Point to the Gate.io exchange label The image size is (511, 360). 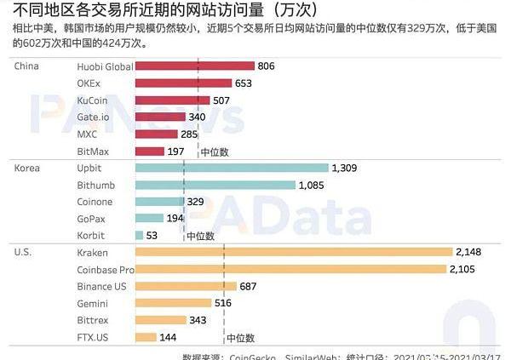[93, 117]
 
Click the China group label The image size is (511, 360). [29, 66]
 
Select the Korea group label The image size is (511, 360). [28, 168]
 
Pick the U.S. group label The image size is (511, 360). [25, 252]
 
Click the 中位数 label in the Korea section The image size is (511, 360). [199, 236]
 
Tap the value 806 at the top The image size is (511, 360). [267, 66]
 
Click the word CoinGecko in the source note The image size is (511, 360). [253, 356]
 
